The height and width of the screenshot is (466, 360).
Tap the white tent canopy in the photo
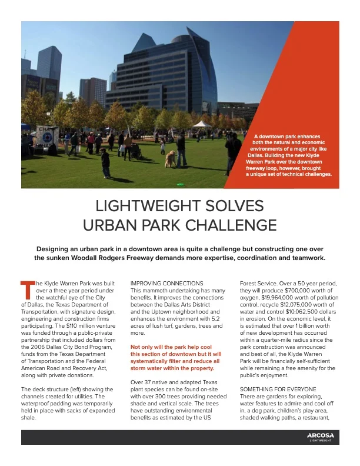click(202, 124)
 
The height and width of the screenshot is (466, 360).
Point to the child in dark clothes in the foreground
click(106, 163)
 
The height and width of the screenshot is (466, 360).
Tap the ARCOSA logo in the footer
click(320, 436)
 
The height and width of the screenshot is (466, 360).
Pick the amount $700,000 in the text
click(299, 291)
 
